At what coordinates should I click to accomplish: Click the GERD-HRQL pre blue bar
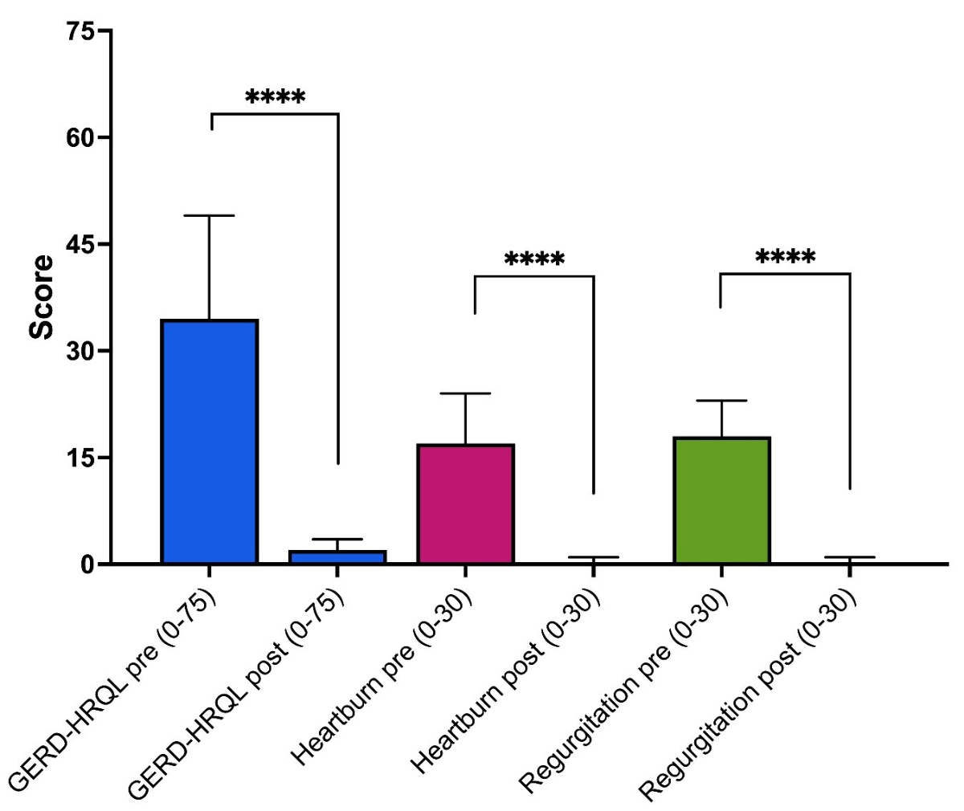point(209,442)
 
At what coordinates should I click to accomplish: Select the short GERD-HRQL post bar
point(337,556)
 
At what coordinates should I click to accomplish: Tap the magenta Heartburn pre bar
point(465,503)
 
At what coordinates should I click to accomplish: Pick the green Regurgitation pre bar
point(721,500)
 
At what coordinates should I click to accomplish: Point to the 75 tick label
point(80,31)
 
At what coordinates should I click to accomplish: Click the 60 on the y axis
point(80,138)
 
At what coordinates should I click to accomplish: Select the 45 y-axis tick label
point(80,244)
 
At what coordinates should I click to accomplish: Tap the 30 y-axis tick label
point(80,351)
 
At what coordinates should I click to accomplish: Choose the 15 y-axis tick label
point(80,458)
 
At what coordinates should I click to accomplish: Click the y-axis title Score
point(42,297)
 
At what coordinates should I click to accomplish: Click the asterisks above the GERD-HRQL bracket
point(275,99)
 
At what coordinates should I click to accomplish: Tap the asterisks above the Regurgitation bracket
point(785,258)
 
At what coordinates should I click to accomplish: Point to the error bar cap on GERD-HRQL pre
point(209,216)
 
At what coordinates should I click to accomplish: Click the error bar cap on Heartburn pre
point(465,393)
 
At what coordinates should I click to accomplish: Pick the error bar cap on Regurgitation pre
point(721,401)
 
